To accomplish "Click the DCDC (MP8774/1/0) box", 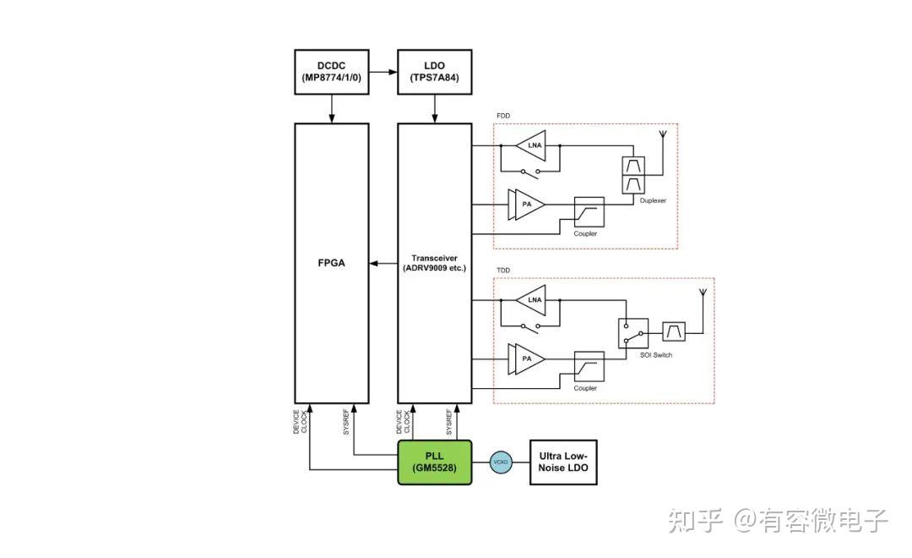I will (x=331, y=71).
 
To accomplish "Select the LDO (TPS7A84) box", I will (x=434, y=71).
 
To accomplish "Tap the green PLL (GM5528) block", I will (x=434, y=462).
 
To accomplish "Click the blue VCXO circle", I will (x=500, y=462).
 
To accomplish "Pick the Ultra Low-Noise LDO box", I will (x=562, y=462).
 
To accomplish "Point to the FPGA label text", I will (x=331, y=263).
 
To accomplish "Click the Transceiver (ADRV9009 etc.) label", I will (x=434, y=263).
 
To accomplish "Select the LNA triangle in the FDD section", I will (x=533, y=145).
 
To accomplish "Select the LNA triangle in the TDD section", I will (x=533, y=299).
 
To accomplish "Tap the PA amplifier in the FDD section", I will (x=525, y=205).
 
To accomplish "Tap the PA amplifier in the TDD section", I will (x=525, y=358).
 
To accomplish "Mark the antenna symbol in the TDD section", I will (x=700, y=298).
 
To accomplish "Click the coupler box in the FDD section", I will (x=589, y=211).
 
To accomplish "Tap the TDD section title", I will (x=503, y=271).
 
